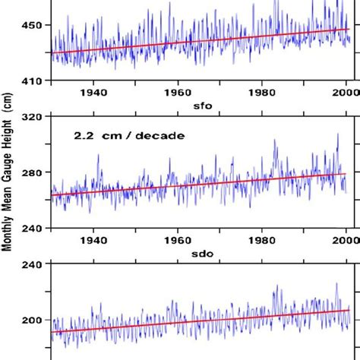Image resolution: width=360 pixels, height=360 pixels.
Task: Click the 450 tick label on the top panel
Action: tap(33, 25)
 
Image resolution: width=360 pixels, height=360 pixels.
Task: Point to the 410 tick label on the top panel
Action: tap(33, 80)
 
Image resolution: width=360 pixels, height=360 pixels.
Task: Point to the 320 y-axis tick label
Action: tap(33, 117)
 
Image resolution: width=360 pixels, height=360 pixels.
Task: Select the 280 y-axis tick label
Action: tap(33, 172)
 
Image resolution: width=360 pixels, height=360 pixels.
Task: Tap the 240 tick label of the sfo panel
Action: tap(33, 227)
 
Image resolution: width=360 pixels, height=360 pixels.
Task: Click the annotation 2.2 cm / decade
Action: tap(118, 137)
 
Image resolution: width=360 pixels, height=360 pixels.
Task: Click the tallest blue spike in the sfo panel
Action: tap(337, 135)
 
